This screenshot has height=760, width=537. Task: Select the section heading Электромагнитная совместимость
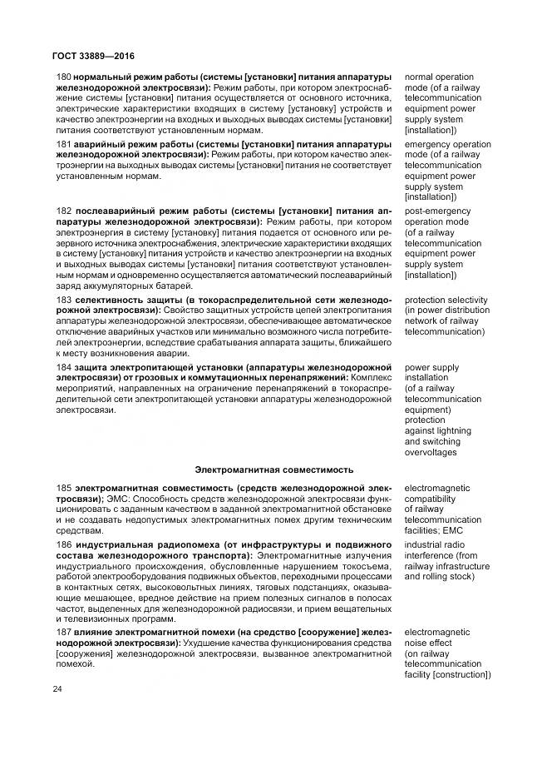click(274, 469)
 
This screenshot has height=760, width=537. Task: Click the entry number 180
click(63, 77)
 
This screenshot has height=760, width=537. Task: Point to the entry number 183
click(63, 299)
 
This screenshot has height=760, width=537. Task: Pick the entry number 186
click(63, 544)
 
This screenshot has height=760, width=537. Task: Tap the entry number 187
click(63, 632)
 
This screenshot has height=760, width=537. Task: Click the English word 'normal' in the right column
click(420, 77)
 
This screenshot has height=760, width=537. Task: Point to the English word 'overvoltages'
click(433, 452)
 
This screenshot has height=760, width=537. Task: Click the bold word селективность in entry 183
click(110, 299)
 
